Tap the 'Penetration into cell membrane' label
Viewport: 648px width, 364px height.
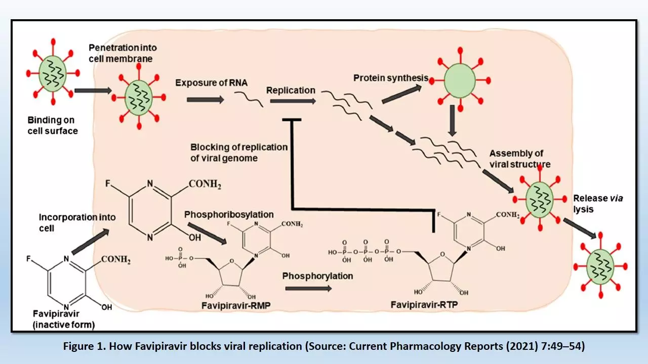(x=123, y=53)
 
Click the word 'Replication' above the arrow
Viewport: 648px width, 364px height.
(x=291, y=90)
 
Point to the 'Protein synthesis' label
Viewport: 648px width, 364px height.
(x=391, y=78)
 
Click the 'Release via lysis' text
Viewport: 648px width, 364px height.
(x=597, y=203)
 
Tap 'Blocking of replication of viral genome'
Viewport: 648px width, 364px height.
(x=239, y=153)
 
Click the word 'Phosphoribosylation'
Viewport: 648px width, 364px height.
(x=229, y=215)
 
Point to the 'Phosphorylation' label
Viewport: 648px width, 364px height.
(x=317, y=276)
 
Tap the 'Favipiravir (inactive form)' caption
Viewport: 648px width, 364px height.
(x=63, y=320)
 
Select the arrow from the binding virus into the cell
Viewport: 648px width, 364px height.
(x=93, y=92)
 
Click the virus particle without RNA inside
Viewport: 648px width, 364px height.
(x=460, y=80)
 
